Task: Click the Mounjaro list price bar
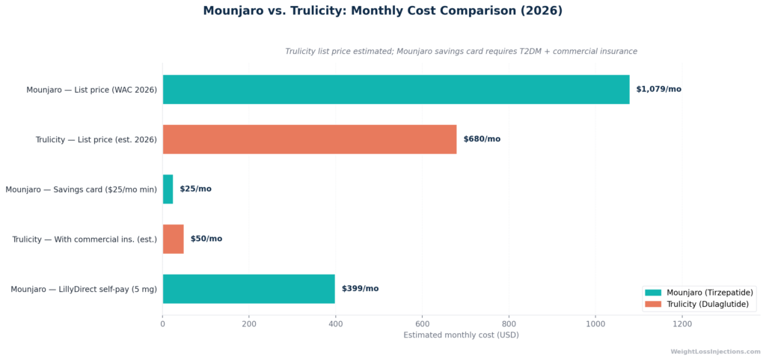point(396,89)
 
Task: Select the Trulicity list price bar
point(310,139)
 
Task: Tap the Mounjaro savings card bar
point(168,189)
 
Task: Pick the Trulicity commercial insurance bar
point(174,239)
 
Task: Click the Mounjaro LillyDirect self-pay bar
point(249,289)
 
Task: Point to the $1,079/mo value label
point(658,89)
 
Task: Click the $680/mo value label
point(482,139)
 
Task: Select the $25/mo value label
point(195,189)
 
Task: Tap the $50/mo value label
point(206,239)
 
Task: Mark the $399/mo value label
point(360,289)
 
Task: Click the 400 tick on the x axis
point(336,323)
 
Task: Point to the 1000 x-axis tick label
point(595,323)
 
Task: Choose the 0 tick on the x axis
point(162,323)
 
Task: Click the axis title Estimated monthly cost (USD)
point(461,335)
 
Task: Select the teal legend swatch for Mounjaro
point(653,293)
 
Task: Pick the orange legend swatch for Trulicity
point(653,304)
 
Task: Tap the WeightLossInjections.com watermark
point(715,352)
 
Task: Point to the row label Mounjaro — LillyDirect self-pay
point(84,289)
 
